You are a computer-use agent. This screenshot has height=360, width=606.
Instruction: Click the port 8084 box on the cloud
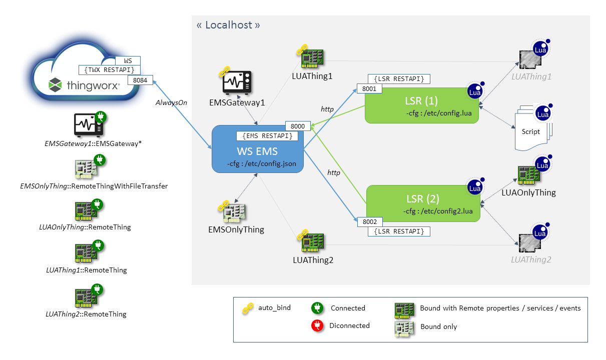click(141, 79)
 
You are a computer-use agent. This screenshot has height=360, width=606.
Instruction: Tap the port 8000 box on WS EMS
click(298, 125)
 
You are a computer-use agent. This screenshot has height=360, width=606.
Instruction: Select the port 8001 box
click(369, 88)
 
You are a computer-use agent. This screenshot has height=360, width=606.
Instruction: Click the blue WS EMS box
click(258, 149)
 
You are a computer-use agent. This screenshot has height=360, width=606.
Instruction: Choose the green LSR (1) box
click(422, 105)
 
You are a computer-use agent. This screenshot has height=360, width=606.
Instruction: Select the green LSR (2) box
click(423, 203)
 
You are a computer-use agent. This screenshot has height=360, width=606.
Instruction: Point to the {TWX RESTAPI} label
click(110, 69)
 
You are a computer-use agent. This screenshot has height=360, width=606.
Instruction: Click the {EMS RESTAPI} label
click(267, 135)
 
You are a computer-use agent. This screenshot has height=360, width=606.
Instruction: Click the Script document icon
click(531, 129)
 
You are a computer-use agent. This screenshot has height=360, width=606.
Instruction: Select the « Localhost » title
click(228, 25)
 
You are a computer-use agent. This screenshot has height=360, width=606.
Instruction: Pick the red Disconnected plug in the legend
click(316, 326)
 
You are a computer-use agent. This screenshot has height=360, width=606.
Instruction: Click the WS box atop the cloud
click(128, 60)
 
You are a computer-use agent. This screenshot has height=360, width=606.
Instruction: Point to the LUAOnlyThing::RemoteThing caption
click(85, 227)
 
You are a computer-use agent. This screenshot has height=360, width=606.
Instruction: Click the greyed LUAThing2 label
click(531, 259)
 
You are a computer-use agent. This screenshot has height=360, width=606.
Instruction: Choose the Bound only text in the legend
click(438, 326)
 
